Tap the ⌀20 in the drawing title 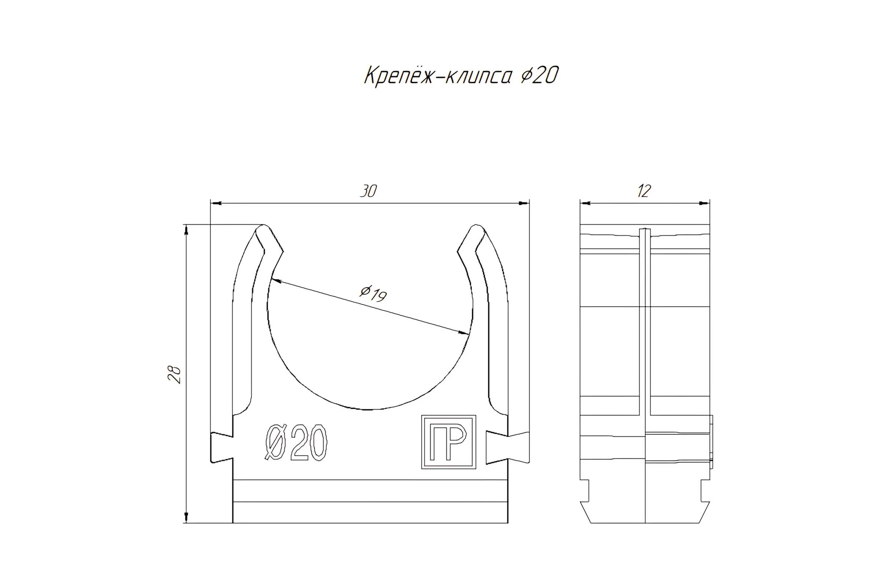point(539,75)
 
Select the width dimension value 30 point(368,191)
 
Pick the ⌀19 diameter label point(373,293)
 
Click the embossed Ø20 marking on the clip point(296,442)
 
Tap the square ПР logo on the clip point(448,442)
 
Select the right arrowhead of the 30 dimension point(524,203)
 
